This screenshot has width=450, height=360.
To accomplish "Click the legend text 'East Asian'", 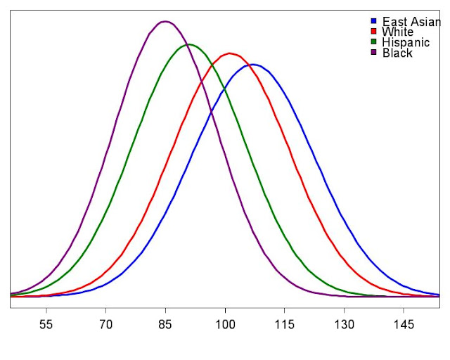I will pos(411,22).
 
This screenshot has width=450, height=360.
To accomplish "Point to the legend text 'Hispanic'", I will pos(406,43).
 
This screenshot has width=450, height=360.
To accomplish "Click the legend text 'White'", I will pos(397,32).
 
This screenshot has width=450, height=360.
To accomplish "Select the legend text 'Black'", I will pos(397,53).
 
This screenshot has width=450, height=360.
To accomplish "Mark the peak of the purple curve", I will pos(165,21).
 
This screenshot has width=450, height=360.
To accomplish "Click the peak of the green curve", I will pos(188,44).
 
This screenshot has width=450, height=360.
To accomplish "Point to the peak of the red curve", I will pos(229,53).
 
